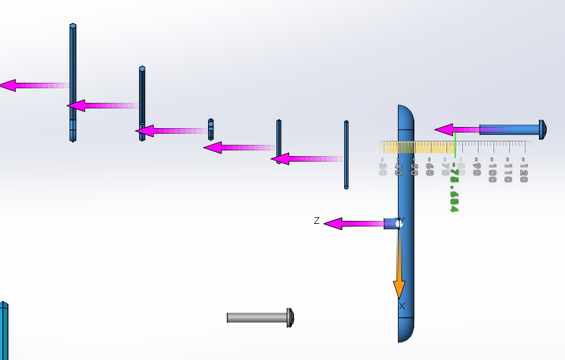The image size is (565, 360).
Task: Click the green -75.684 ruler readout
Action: pyautogui.click(x=453, y=188)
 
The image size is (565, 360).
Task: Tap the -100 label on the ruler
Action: pyautogui.click(x=492, y=172)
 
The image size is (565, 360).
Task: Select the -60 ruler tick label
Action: pyautogui.click(x=429, y=169)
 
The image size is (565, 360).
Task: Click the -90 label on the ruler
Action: pyautogui.click(x=477, y=169)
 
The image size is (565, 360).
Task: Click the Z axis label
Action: pyautogui.click(x=316, y=221)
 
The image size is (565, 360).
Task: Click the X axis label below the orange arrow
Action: pyautogui.click(x=402, y=306)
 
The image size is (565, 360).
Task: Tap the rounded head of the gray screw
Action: pyautogui.click(x=290, y=317)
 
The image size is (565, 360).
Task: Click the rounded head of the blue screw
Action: pyautogui.click(x=543, y=129)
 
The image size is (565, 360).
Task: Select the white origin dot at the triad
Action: pyautogui.click(x=399, y=224)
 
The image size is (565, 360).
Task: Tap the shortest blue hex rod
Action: pyautogui.click(x=211, y=129)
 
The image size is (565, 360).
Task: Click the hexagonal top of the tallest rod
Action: pyautogui.click(x=73, y=26)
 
